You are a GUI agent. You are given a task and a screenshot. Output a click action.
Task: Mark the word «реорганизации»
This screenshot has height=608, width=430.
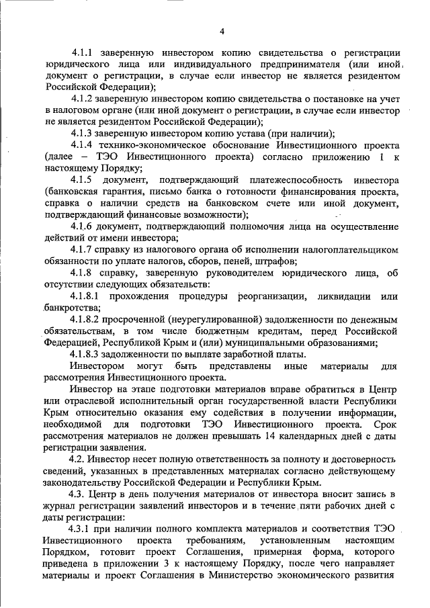(271, 296)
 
